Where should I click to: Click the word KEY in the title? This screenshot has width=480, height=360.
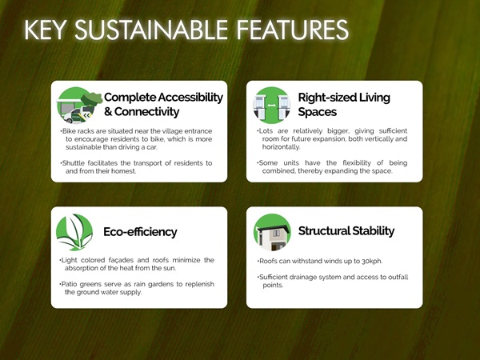pyautogui.click(x=45, y=30)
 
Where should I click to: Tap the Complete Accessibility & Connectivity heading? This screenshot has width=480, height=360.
pyautogui.click(x=163, y=104)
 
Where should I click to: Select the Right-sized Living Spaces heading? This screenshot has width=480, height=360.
pyautogui.click(x=344, y=104)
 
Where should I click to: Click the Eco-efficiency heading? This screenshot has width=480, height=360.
pyautogui.click(x=140, y=232)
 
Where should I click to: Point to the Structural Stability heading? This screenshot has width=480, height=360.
pyautogui.click(x=346, y=231)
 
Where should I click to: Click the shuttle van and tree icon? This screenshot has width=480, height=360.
pyautogui.click(x=79, y=105)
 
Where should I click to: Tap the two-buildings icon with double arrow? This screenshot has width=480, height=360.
pyautogui.click(x=271, y=105)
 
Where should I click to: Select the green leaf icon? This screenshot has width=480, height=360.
pyautogui.click(x=74, y=232)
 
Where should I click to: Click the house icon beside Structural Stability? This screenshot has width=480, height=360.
pyautogui.click(x=272, y=232)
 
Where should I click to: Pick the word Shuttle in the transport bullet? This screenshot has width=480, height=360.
pyautogui.click(x=73, y=163)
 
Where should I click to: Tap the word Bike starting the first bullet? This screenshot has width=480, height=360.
pyautogui.click(x=69, y=131)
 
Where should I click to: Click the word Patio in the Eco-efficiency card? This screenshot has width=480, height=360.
pyautogui.click(x=69, y=284)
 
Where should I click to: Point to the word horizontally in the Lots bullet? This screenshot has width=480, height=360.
pyautogui.click(x=281, y=147)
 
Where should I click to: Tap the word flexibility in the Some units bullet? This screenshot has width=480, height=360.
pyautogui.click(x=357, y=163)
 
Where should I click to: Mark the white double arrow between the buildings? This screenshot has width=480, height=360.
pyautogui.click(x=271, y=106)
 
